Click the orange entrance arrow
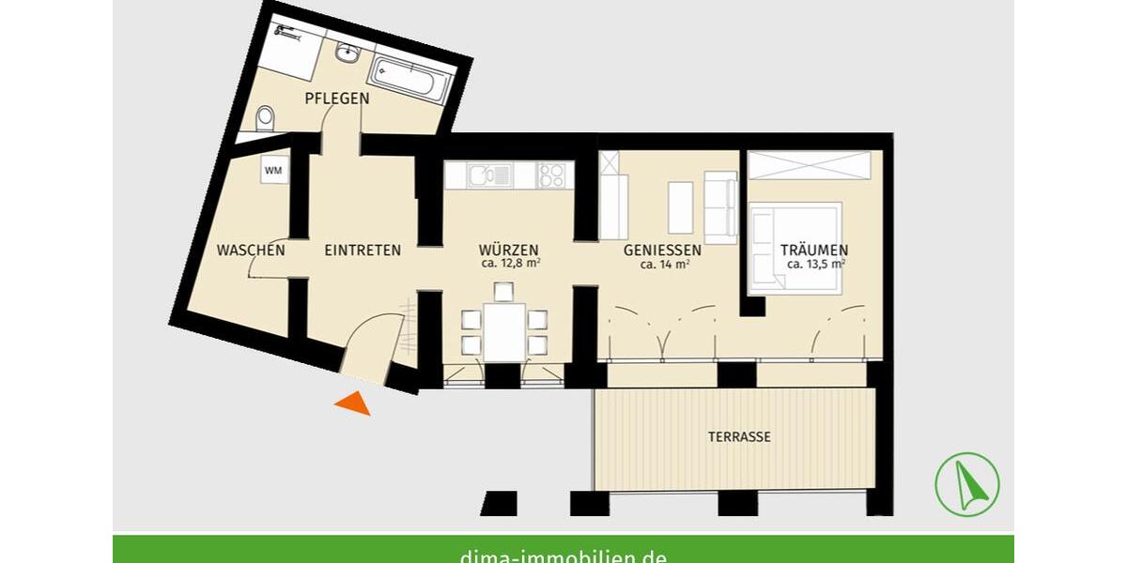coord(353,403)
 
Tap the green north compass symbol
coord(966,483)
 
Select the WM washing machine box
coord(273,171)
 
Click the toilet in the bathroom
coord(266,118)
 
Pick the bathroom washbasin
coord(346,53)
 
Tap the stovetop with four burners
coord(552,175)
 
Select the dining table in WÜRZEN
coord(504,331)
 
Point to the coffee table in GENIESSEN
coord(680,206)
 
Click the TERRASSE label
coord(739,437)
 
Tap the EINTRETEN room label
coord(363,251)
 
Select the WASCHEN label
coord(251,251)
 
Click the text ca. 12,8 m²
coord(508,265)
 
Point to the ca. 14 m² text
coord(665,265)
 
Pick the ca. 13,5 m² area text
coord(815,265)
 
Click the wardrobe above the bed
coord(810,164)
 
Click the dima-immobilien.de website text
coord(563,555)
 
